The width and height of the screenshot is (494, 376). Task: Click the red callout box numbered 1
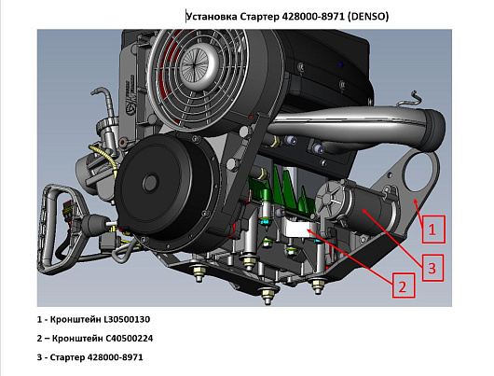tap(433, 230)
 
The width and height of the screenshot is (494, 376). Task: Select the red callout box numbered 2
tap(404, 285)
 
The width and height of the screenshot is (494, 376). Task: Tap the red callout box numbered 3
tap(432, 268)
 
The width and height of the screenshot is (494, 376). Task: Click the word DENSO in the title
tap(368, 16)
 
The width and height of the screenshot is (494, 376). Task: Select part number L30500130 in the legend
tap(127, 319)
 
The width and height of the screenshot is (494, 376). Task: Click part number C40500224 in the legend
tap(130, 339)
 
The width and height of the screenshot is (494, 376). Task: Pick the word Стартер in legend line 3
tap(67, 357)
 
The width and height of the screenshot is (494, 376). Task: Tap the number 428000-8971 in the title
tap(313, 16)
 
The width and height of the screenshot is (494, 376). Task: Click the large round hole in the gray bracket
tap(419, 172)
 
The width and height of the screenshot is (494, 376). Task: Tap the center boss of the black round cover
tap(150, 183)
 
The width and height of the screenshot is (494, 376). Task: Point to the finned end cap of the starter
tap(329, 200)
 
